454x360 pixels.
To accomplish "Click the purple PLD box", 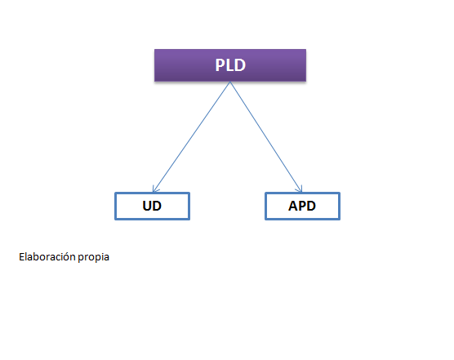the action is point(230,65).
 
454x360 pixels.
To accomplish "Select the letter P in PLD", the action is point(220,65).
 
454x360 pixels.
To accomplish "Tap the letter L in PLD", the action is point(230,65).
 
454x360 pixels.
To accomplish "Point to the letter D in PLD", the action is point(240,65).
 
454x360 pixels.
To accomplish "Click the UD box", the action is point(153,206).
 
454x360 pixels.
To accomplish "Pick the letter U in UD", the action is point(147,206).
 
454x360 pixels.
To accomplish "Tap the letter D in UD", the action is point(157,206).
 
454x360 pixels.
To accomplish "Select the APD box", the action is point(302,206).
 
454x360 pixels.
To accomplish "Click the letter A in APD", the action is point(293,206).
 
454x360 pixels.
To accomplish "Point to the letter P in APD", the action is point(302,206).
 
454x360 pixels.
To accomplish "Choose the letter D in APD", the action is point(311,206).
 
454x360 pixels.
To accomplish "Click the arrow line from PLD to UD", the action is point(192,137).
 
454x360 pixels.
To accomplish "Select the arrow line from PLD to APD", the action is point(266,137).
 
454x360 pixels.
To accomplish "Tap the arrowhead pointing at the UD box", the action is point(155,189).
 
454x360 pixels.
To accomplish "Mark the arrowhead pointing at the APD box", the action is point(300,189).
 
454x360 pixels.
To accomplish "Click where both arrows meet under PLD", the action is point(230,82).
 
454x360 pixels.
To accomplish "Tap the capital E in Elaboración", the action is point(22,256).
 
